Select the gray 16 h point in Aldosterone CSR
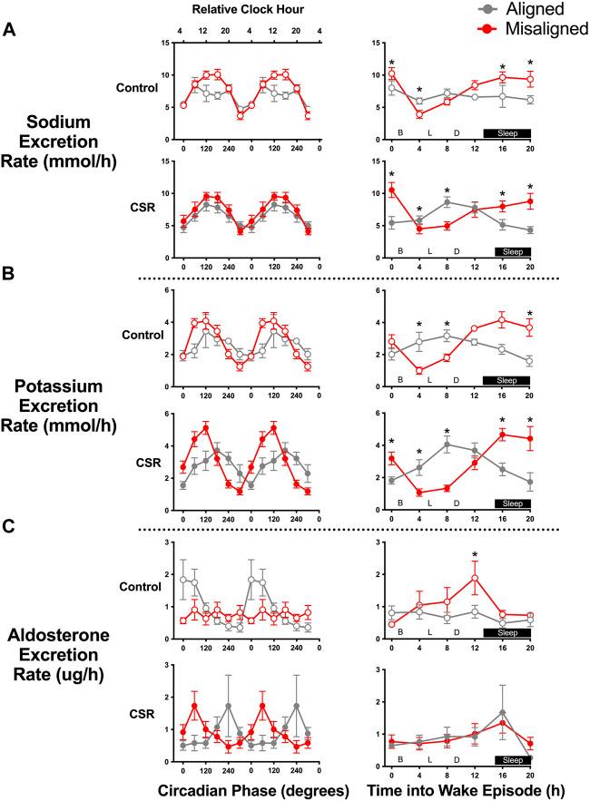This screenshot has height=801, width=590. [502, 713]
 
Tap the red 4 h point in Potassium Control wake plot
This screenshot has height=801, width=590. [418, 370]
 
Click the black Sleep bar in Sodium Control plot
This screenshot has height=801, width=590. [506, 132]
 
